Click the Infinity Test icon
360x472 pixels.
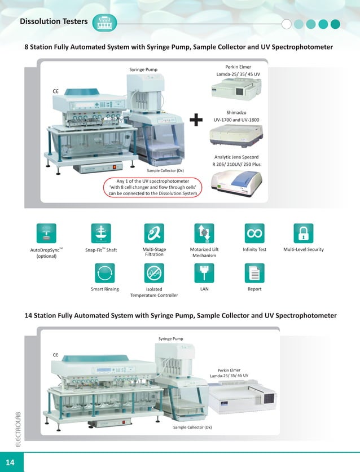point(254,233)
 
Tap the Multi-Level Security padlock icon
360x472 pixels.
point(303,233)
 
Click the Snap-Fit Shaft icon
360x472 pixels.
point(101,233)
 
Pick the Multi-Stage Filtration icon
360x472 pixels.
point(153,233)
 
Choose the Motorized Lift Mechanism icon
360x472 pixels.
point(204,233)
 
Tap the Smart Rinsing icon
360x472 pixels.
point(104,273)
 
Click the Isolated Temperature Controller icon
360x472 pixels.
point(153,273)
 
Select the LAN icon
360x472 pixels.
point(204,273)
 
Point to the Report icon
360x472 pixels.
point(254,273)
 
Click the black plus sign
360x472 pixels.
point(196,120)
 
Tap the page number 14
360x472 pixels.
point(11,462)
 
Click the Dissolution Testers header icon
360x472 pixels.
point(105,23)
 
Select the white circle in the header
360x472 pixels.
point(287,24)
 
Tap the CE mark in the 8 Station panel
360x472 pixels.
point(56,90)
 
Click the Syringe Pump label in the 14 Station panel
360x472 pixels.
point(172,338)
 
